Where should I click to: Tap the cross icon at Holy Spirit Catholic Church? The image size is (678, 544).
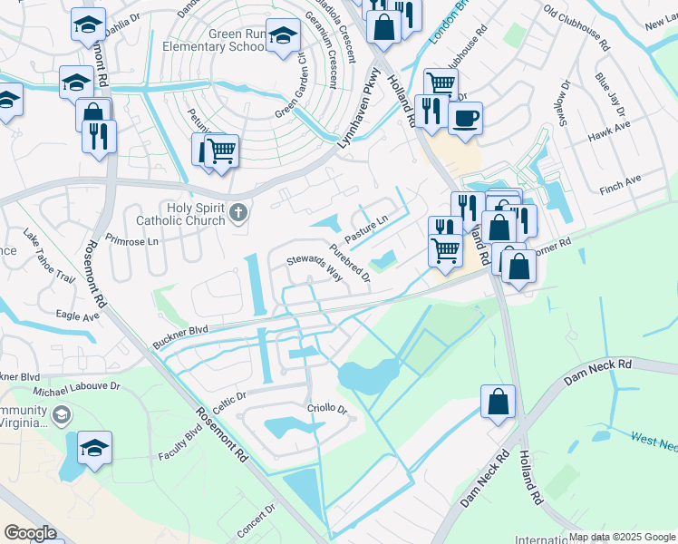238,213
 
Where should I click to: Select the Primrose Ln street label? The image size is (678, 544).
132,241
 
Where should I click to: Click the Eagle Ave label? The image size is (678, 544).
77,316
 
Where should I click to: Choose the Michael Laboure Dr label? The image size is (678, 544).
77,386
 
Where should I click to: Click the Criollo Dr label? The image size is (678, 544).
329,410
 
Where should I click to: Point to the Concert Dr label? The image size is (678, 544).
257,522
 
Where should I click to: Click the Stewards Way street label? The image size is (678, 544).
315,267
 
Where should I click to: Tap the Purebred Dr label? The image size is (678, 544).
351,263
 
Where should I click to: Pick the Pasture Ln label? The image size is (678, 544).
366,223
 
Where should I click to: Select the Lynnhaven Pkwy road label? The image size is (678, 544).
358,103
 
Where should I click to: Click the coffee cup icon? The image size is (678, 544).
465,118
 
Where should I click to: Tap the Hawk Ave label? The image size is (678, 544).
608,133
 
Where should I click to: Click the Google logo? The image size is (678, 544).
30,533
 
